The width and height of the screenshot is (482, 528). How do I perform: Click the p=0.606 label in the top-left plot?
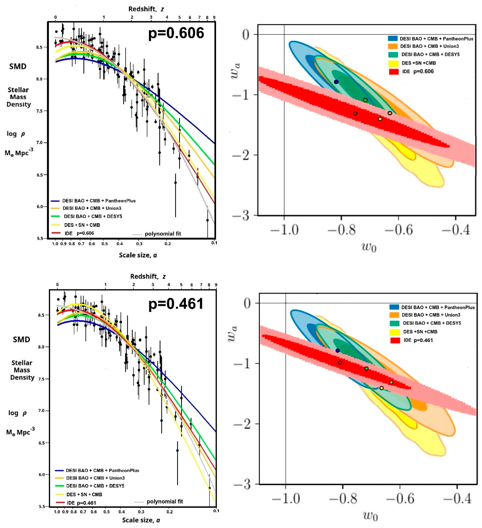coord(176,33)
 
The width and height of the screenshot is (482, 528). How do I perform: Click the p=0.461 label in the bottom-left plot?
coord(176,304)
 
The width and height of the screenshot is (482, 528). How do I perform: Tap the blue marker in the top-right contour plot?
coord(336,82)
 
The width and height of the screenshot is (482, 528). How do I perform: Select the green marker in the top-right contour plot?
coord(365,100)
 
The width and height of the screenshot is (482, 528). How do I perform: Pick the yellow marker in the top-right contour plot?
coord(380,119)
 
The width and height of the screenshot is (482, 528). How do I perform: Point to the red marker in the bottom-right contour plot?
coord(340,363)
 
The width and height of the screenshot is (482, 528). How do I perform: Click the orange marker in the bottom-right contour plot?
coord(391,382)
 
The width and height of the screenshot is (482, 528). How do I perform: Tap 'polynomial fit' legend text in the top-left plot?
coord(163,234)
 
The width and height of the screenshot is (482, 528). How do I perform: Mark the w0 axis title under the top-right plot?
coord(369,247)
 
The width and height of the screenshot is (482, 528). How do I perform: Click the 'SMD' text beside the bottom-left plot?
coord(21,340)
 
